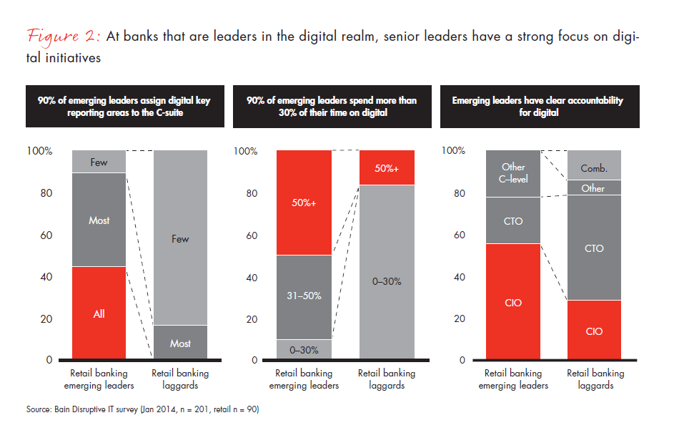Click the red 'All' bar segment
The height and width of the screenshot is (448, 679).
99,313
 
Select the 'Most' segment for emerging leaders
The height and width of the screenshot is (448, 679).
99,220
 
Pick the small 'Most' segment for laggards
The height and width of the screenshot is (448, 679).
180,343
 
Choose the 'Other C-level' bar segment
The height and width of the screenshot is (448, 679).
513,173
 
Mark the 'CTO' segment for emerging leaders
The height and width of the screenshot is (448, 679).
513,220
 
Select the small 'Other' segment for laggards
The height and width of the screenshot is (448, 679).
594,188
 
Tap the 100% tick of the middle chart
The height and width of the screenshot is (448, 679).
246,151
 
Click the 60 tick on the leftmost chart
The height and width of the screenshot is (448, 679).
46,235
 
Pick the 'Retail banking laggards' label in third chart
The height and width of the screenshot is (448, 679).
595,379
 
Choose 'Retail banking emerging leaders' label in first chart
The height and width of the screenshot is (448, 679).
99,379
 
